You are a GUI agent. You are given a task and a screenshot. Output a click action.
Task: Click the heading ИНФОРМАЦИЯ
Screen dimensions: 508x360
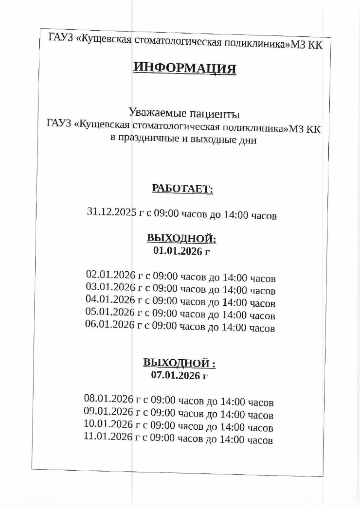(185, 68)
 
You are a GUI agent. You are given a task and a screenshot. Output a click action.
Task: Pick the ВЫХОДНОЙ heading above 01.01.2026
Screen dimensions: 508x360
(181, 239)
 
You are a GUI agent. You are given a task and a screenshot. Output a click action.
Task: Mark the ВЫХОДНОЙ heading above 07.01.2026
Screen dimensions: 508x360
(179, 363)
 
